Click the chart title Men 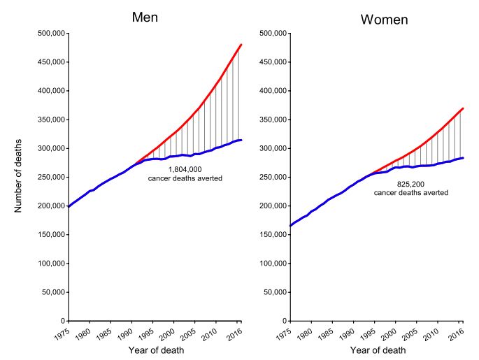pos(145,17)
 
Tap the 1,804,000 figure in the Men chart pos(185,169)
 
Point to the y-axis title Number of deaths pos(22,176)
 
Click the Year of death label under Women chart pos(378,350)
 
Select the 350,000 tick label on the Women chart pos(270,120)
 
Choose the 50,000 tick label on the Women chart pos(272,292)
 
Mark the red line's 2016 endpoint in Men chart pos(241,45)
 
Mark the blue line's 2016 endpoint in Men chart pos(241,141)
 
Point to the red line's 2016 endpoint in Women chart pos(463,108)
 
